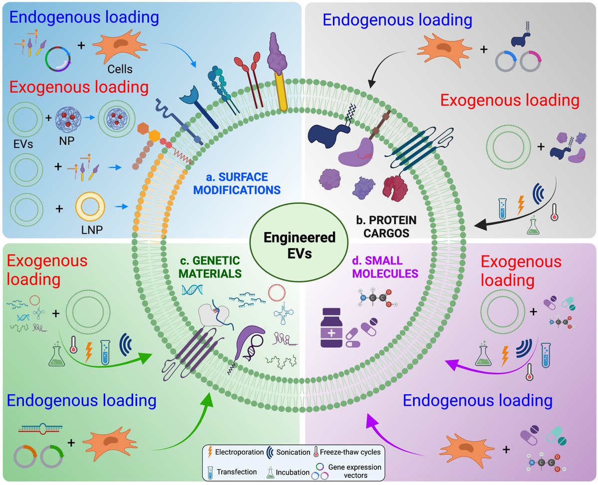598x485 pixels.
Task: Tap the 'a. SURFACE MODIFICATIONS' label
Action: pos(244,183)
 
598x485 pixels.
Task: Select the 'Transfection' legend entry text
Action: pos(238,472)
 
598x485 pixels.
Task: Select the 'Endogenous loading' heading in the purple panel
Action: pos(477,400)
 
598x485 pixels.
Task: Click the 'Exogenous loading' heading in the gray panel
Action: pos(510,100)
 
